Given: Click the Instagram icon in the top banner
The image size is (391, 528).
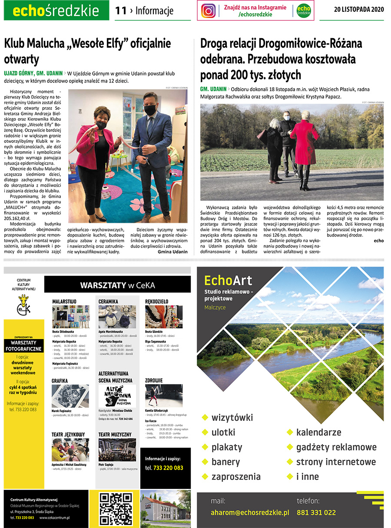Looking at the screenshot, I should [x=209, y=11].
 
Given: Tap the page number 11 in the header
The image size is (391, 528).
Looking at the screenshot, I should [x=120, y=11].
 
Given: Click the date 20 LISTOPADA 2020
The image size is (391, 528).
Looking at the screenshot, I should [x=359, y=10].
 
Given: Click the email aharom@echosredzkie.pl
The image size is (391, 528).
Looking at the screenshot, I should [x=250, y=512].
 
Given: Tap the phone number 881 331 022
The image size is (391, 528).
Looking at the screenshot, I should [x=316, y=512].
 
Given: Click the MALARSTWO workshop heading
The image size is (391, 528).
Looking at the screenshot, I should [x=64, y=301].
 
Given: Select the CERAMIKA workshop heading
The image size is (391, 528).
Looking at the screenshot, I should [x=109, y=301].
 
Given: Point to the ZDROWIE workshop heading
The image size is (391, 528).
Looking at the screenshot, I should [x=154, y=380].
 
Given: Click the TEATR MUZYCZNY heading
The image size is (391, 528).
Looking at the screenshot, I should [x=115, y=434].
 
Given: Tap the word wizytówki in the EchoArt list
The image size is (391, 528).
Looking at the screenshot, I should [x=232, y=418].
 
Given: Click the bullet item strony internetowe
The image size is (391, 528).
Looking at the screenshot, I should [x=336, y=462].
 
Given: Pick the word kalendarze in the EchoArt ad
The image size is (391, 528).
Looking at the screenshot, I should [x=318, y=432].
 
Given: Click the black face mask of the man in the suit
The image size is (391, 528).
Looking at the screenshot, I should [x=150, y=110].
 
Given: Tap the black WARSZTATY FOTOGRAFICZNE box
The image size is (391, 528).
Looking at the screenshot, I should [x=24, y=346].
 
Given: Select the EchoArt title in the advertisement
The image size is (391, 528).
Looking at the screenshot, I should [x=228, y=280].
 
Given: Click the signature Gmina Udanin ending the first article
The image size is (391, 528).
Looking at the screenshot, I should [x=172, y=251].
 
